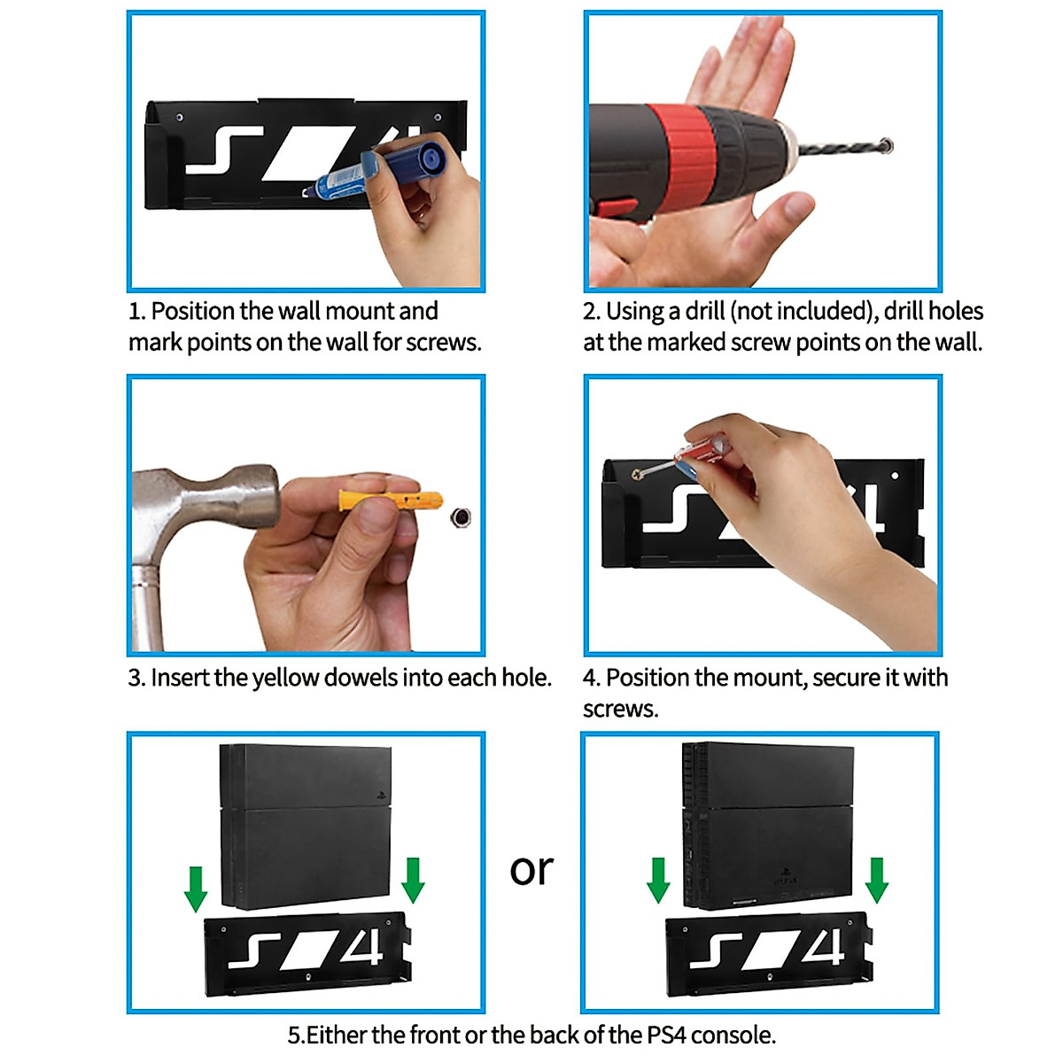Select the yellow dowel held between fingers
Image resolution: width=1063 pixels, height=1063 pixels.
point(390,502)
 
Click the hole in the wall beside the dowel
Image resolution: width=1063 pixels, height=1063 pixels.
point(461,516)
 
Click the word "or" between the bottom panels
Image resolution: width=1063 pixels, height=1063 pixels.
point(531,869)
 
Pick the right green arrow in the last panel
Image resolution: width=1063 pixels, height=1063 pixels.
point(876,880)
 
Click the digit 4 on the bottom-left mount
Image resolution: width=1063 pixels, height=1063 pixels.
point(362,949)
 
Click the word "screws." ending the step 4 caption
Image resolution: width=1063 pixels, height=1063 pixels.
point(620,710)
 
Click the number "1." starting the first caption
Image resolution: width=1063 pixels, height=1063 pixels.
point(136,312)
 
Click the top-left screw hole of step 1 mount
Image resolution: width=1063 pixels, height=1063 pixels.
point(180,117)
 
